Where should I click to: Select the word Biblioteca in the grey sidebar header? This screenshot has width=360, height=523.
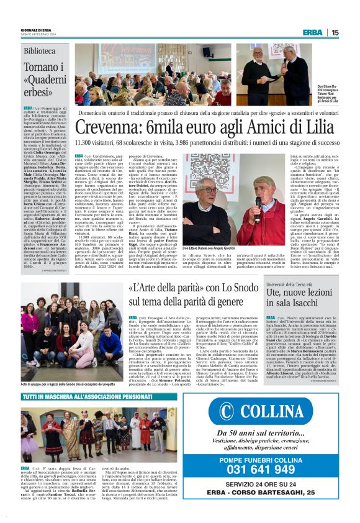pyautogui.click(x=40, y=50)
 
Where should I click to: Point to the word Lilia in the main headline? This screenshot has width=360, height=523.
pyautogui.click(x=318, y=127)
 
